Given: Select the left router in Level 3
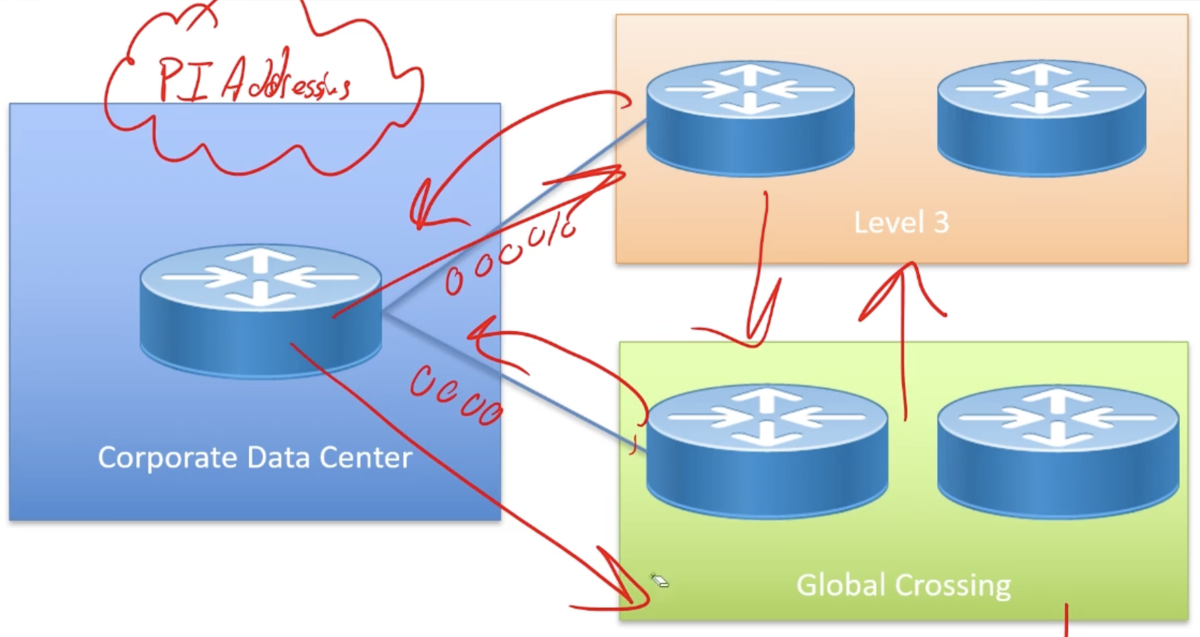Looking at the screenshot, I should pyautogui.click(x=750, y=119).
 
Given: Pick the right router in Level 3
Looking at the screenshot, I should pyautogui.click(x=1042, y=119).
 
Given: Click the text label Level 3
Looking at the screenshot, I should pyautogui.click(x=901, y=223).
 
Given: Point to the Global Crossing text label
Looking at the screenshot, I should pyautogui.click(x=903, y=585).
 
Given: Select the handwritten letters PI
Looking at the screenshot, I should pyautogui.click(x=182, y=80).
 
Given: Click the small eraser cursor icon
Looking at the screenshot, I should pyautogui.click(x=659, y=581).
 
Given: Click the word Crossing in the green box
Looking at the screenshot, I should pyautogui.click(x=953, y=586).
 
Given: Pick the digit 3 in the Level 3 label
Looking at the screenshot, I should pyautogui.click(x=941, y=223).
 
